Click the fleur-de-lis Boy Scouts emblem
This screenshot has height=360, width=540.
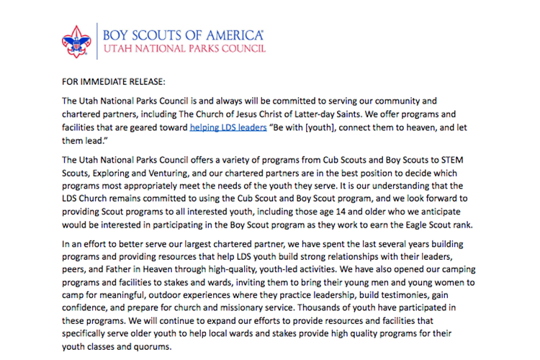[76, 41]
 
